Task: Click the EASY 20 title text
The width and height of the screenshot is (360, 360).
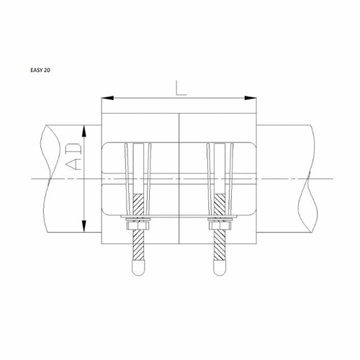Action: click(40, 70)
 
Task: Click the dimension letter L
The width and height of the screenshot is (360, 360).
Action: click(181, 88)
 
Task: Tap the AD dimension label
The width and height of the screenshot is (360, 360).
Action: click(73, 157)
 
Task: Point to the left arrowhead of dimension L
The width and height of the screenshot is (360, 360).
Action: click(107, 98)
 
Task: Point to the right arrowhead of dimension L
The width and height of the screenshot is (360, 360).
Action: click(251, 98)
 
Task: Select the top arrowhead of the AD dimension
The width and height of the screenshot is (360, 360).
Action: click(84, 131)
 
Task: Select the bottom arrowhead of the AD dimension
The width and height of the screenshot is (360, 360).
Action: click(84, 226)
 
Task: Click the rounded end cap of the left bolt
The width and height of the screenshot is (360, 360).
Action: click(138, 268)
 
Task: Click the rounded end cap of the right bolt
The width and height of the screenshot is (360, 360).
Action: click(220, 268)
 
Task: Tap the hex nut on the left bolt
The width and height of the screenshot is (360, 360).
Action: click(138, 225)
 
